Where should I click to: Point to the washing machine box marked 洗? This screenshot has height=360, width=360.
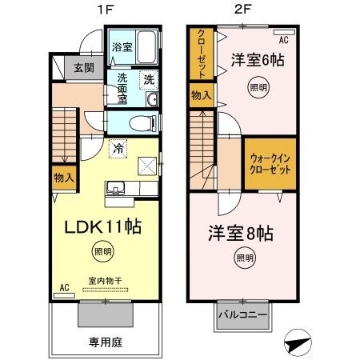point(148,78)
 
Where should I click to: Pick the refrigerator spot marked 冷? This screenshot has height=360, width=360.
point(118,148)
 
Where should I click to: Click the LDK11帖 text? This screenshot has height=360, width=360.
point(102,227)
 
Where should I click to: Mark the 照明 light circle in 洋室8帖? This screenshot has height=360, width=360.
point(245,258)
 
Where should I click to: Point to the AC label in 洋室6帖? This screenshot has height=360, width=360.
point(282,38)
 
